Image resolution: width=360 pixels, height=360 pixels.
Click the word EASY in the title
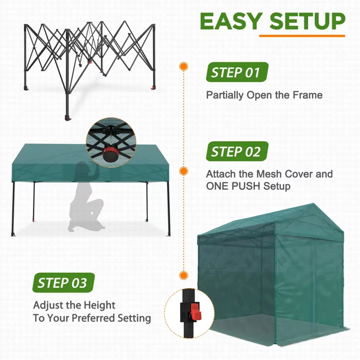tap(231, 21)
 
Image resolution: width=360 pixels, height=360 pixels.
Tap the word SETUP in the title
tap(308, 21)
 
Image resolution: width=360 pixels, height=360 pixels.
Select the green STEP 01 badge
tap(237, 72)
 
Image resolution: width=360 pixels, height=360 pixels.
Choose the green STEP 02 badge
tap(237, 151)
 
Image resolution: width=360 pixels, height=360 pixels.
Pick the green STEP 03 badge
tap(64, 283)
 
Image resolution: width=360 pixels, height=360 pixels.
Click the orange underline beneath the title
tap(302, 36)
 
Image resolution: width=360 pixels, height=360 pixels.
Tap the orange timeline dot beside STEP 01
tap(184, 66)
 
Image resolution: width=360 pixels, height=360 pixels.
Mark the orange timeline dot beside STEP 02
tap(184, 171)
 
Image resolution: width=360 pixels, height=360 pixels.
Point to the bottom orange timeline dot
tap(184, 275)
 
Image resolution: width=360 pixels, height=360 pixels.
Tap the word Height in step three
tap(99, 306)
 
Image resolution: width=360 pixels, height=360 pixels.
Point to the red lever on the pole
tap(195, 311)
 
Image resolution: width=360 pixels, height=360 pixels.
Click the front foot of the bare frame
tap(68, 118)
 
